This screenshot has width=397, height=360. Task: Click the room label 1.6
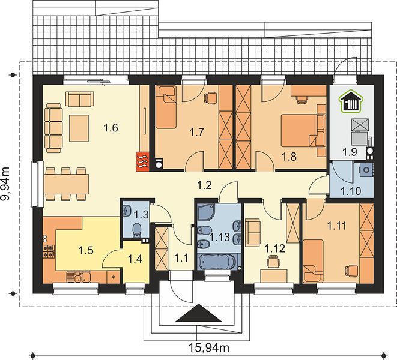(111, 128)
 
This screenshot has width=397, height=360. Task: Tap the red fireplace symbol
(142, 161)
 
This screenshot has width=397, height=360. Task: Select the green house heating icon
(351, 102)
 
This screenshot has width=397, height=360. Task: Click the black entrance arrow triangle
(198, 313)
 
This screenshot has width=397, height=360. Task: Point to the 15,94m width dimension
(209, 347)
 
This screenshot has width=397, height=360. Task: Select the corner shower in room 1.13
(205, 212)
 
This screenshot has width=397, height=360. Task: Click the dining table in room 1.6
(66, 184)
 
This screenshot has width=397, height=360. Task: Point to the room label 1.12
(274, 248)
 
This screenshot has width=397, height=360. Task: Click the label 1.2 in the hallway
(204, 185)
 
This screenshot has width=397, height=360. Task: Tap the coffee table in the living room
(79, 128)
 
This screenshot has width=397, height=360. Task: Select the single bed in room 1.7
(166, 107)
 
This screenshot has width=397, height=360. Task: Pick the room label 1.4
(135, 259)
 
